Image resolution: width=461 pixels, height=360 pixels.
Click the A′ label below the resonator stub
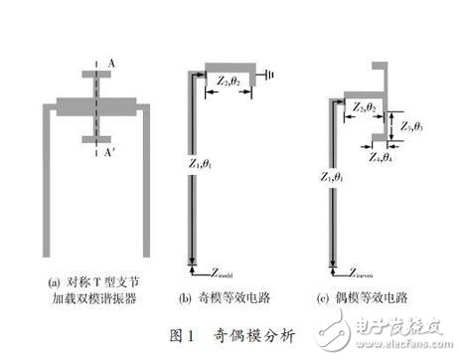click(x=108, y=154)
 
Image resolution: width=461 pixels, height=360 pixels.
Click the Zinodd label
click(x=208, y=268)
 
